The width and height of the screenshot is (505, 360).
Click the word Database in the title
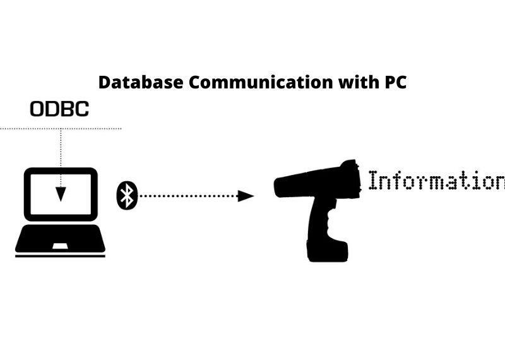[141, 82]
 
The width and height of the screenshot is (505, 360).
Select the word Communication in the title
[261, 82]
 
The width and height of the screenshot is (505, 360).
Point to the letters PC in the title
[395, 82]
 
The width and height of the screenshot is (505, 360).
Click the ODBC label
[59, 109]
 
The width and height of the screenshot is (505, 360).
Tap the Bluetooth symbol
[127, 195]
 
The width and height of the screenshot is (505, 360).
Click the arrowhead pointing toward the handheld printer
[246, 196]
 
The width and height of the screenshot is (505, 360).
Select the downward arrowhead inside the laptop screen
[61, 194]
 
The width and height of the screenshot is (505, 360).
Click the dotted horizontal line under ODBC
[61, 129]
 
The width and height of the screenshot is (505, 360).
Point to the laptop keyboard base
[60, 239]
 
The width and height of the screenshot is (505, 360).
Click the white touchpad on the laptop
[60, 246]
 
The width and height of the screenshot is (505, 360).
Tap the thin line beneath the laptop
[60, 256]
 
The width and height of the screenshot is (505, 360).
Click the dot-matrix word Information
[437, 180]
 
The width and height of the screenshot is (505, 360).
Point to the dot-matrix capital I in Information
[373, 180]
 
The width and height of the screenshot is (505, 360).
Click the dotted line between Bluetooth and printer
[188, 196]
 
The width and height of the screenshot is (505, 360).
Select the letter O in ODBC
[37, 109]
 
